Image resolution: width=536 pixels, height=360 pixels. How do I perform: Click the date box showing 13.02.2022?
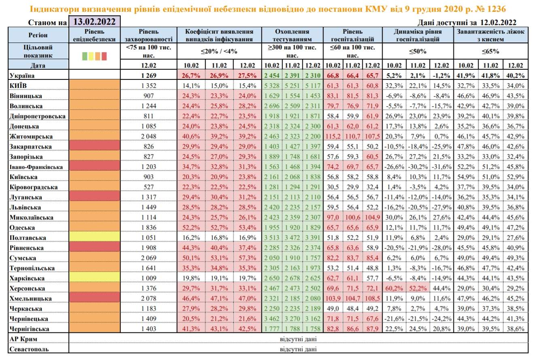click(x=95, y=21)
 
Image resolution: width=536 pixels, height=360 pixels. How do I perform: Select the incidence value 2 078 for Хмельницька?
click(x=149, y=298)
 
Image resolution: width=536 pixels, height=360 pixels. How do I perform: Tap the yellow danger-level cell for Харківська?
click(x=95, y=278)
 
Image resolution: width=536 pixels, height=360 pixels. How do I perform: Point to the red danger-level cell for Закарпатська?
click(x=95, y=146)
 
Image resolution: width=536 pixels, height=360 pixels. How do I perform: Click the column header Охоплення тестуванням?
click(x=292, y=35)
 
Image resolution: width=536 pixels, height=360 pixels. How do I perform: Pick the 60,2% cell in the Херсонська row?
click(x=394, y=288)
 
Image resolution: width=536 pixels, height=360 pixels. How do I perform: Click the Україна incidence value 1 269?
click(x=149, y=75)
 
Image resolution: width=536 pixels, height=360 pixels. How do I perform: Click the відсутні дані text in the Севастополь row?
click(x=298, y=348)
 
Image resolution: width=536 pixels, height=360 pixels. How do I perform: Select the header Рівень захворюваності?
click(x=149, y=35)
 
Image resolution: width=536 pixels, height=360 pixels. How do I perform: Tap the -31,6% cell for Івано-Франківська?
click(x=441, y=167)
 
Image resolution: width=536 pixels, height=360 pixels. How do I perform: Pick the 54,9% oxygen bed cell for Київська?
click(x=466, y=177)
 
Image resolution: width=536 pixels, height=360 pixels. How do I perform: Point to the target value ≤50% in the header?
click(x=418, y=51)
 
